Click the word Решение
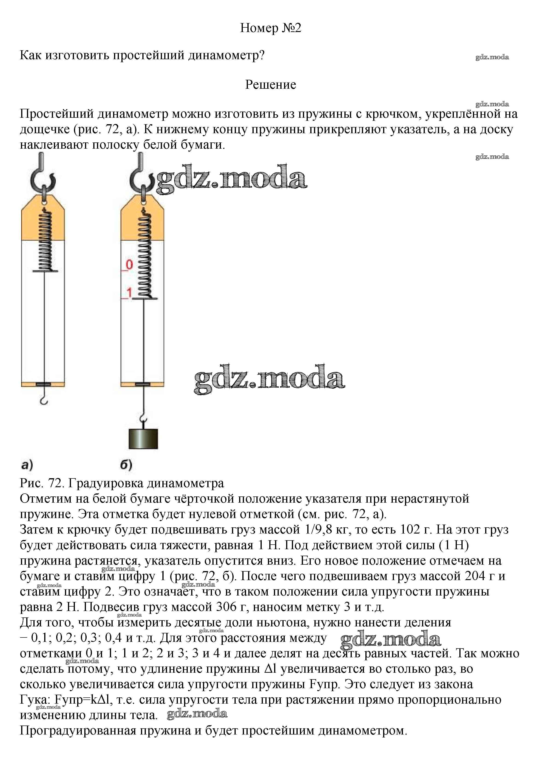[x=270, y=85]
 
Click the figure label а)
[x=26, y=465]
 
